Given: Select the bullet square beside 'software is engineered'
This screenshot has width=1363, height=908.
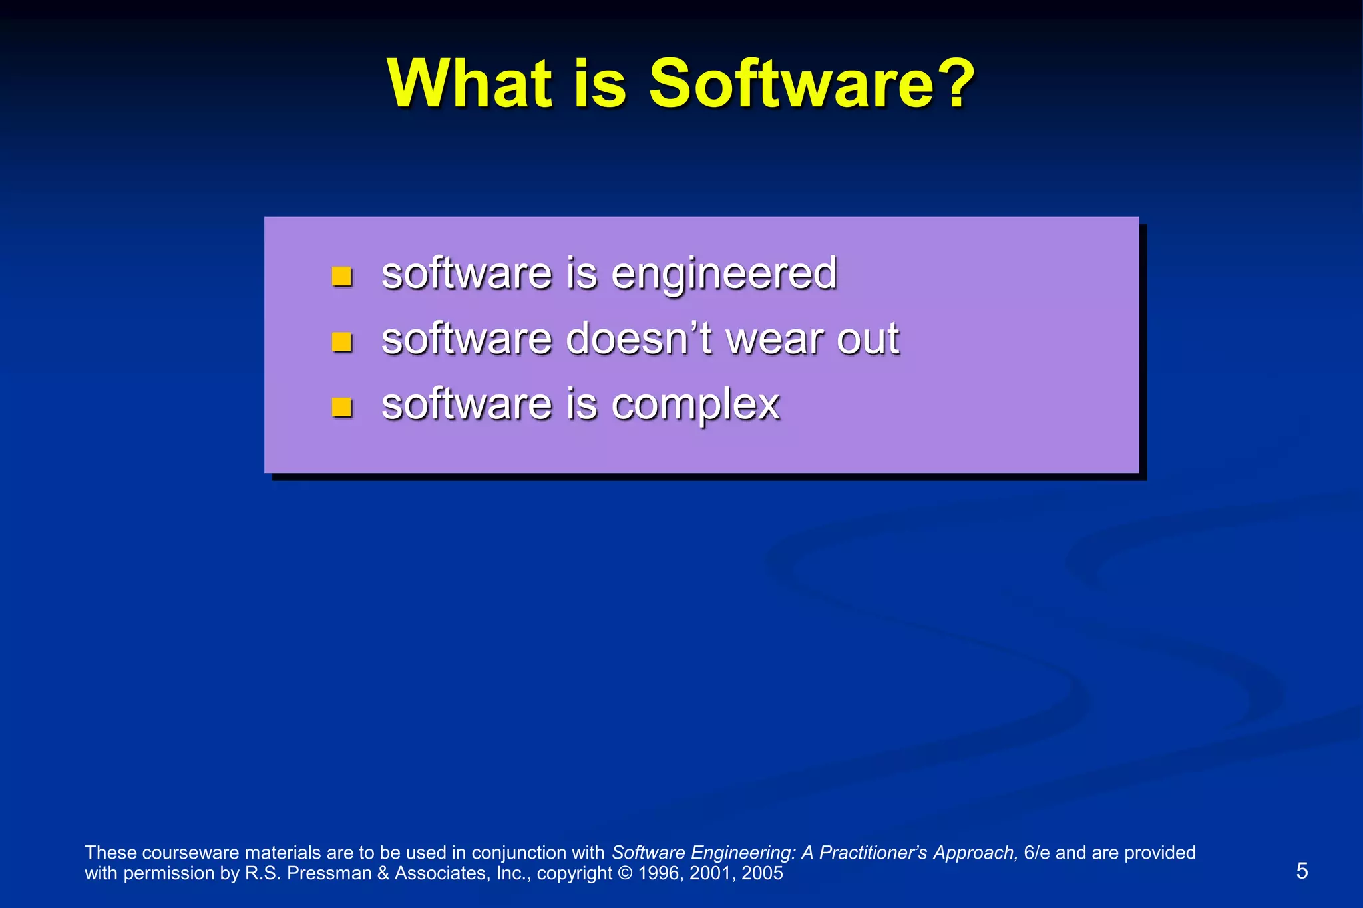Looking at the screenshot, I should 341,276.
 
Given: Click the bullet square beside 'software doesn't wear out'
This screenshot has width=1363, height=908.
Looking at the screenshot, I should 341,342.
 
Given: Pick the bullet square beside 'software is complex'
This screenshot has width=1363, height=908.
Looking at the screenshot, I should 341,406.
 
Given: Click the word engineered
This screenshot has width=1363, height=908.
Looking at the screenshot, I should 723,274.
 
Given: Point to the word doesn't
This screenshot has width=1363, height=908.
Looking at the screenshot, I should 640,339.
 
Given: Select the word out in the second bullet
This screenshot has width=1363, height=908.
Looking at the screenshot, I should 868,339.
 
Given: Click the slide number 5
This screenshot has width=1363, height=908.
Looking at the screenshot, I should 1302,871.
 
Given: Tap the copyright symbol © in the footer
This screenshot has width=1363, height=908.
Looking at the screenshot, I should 625,873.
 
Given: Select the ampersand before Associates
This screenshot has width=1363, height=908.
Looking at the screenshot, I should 383,873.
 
